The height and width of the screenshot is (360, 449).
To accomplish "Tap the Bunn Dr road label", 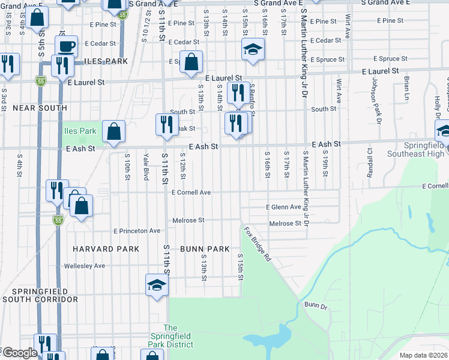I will [x=315, y=305].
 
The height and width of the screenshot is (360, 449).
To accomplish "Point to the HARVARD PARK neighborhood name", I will [x=106, y=249].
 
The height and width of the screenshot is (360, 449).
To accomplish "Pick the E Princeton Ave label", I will [x=137, y=231].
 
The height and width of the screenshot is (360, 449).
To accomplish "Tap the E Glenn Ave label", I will [x=283, y=207].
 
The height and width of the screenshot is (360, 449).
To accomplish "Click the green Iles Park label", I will [x=80, y=131].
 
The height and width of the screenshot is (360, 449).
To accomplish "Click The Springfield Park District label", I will [x=171, y=336].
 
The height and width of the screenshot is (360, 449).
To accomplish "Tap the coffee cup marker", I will [x=66, y=46].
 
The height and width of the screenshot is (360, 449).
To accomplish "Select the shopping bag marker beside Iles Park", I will [x=113, y=131].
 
